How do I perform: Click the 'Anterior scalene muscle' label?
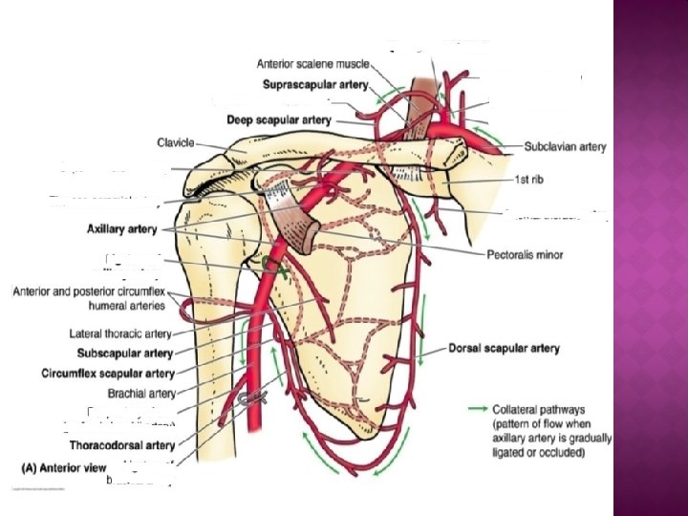click(x=312, y=65)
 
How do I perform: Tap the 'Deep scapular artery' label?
click(x=279, y=120)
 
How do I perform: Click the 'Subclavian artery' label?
click(x=565, y=147)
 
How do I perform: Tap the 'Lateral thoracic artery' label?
click(x=120, y=334)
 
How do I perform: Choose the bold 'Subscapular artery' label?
click(x=120, y=354)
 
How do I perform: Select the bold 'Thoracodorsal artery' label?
click(x=121, y=445)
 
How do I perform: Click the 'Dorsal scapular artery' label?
click(x=504, y=349)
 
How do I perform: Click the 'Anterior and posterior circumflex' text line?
click(x=90, y=292)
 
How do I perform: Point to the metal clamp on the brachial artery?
click(x=255, y=397)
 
